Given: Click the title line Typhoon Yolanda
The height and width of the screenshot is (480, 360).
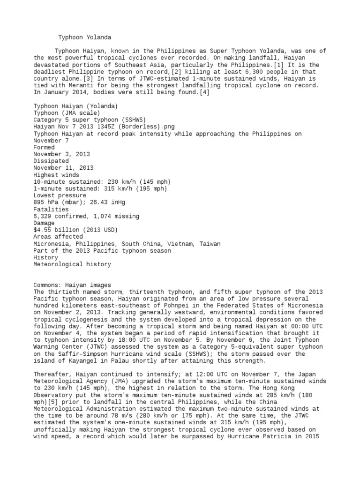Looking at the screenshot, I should [x=85, y=37].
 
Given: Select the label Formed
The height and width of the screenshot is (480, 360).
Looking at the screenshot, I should [x=44, y=147].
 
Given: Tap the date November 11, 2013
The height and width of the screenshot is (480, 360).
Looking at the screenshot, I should [x=63, y=168].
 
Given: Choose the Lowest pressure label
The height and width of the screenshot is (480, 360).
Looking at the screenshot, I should [x=60, y=195].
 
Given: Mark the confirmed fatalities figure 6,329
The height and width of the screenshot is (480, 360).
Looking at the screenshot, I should [x=44, y=216].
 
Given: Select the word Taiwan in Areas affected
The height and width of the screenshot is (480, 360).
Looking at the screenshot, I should [x=209, y=244].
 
